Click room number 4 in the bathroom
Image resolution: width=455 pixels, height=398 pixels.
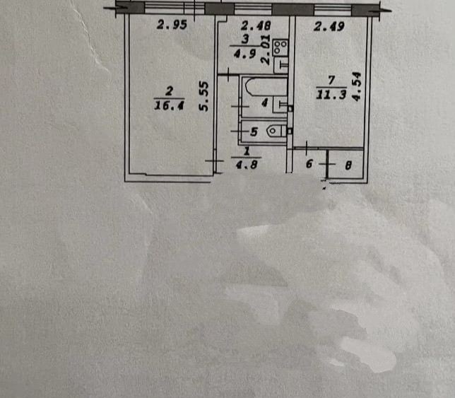point(264,103)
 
